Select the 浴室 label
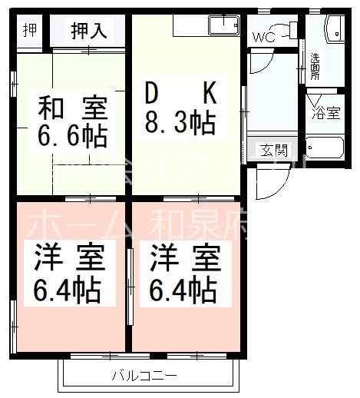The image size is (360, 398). click(325, 113)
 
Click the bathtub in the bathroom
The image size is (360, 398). click(328, 146)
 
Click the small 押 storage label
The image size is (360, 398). click(30, 30)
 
